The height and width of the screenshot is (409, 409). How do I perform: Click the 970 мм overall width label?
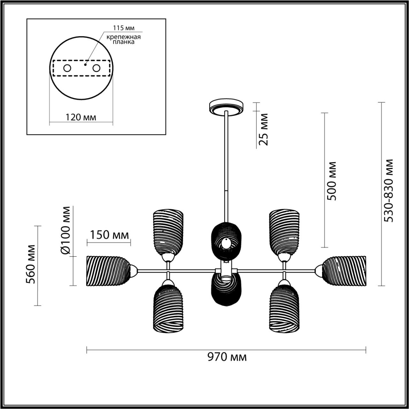227,357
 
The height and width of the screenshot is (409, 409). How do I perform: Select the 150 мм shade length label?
110,235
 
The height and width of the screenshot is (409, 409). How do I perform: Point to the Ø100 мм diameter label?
66,230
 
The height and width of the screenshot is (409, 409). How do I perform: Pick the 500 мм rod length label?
332,181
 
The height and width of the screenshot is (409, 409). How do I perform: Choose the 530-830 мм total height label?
389,190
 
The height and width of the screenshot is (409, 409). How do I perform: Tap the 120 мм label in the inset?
81,117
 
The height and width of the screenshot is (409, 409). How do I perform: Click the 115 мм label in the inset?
124,28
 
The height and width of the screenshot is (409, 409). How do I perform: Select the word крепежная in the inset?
124,37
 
